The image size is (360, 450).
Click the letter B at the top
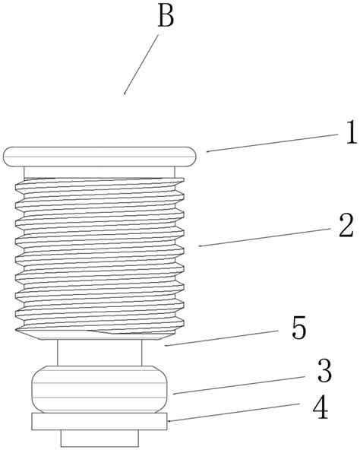click(166, 17)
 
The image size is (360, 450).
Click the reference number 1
click(351, 132)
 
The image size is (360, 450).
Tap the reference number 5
click(299, 328)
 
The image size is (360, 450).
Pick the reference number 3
click(324, 371)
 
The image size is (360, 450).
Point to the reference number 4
click(321, 407)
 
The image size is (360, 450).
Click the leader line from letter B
click(141, 65)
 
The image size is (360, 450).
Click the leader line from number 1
click(272, 143)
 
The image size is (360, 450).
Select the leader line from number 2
click(264, 237)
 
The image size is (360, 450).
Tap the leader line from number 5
click(221, 338)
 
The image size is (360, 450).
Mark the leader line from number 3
click(238, 385)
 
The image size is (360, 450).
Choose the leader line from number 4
click(234, 413)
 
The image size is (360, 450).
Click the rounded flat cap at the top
click(99, 157)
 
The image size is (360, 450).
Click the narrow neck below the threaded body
click(99, 353)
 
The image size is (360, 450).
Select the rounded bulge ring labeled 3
click(99, 389)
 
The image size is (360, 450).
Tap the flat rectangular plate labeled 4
click(99, 422)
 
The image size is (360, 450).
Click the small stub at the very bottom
click(99, 439)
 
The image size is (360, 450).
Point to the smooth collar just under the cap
click(99, 173)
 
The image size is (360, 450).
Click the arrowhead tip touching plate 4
click(168, 422)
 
